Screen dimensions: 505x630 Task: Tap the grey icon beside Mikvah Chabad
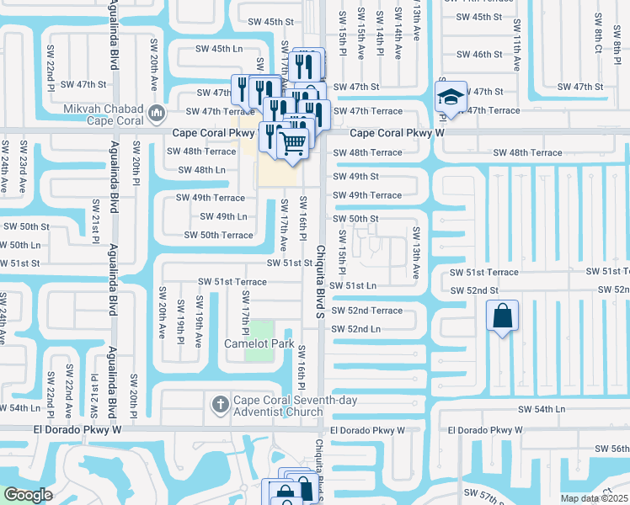pyautogui.click(x=156, y=112)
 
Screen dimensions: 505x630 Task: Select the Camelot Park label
pyautogui.click(x=259, y=343)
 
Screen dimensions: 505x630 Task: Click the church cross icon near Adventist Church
pyautogui.click(x=220, y=405)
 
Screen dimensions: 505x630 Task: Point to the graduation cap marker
pyautogui.click(x=451, y=97)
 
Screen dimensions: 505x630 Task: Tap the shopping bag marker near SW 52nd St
pyautogui.click(x=502, y=317)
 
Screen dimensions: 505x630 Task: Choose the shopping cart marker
pyautogui.click(x=292, y=144)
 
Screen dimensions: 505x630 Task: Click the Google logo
pyautogui.click(x=28, y=494)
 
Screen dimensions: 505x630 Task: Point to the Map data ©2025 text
pyautogui.click(x=594, y=498)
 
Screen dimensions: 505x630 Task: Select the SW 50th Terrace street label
pyautogui.click(x=218, y=235)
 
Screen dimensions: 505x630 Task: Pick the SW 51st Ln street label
pyautogui.click(x=354, y=286)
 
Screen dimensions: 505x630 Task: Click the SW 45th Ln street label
pyautogui.click(x=215, y=50)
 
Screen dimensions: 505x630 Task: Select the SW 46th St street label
pyautogui.click(x=487, y=55)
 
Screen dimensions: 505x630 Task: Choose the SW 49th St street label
pyautogui.click(x=355, y=177)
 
